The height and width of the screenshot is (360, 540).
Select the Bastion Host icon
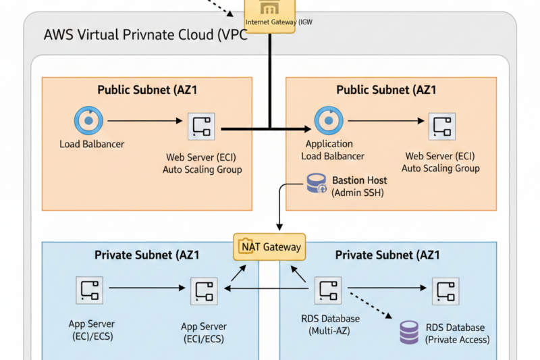[317, 184]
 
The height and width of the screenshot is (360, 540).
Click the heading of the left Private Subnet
[147, 255]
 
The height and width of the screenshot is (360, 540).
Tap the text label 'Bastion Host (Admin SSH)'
[358, 186]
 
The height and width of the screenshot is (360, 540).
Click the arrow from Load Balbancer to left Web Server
[144, 122]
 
